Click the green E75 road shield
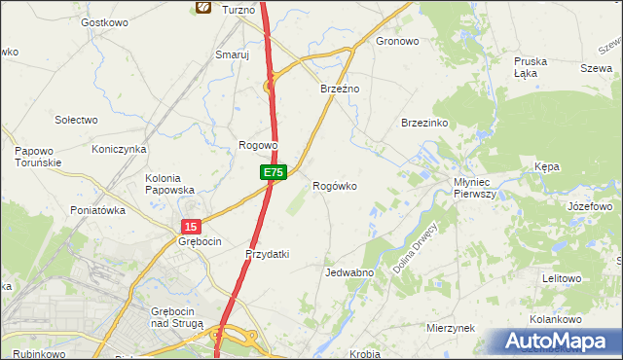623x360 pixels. [273, 172]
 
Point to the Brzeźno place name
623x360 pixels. [341, 89]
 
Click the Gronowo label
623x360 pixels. [397, 42]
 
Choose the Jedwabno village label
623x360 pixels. [349, 272]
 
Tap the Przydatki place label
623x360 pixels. [267, 254]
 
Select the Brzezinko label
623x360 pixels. [424, 124]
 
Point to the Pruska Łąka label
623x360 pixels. [531, 67]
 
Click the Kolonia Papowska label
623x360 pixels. [170, 184]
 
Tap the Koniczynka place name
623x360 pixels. [119, 149]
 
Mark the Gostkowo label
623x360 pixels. [105, 22]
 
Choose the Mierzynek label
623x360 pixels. [450, 328]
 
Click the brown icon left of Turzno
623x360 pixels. [202, 8]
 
